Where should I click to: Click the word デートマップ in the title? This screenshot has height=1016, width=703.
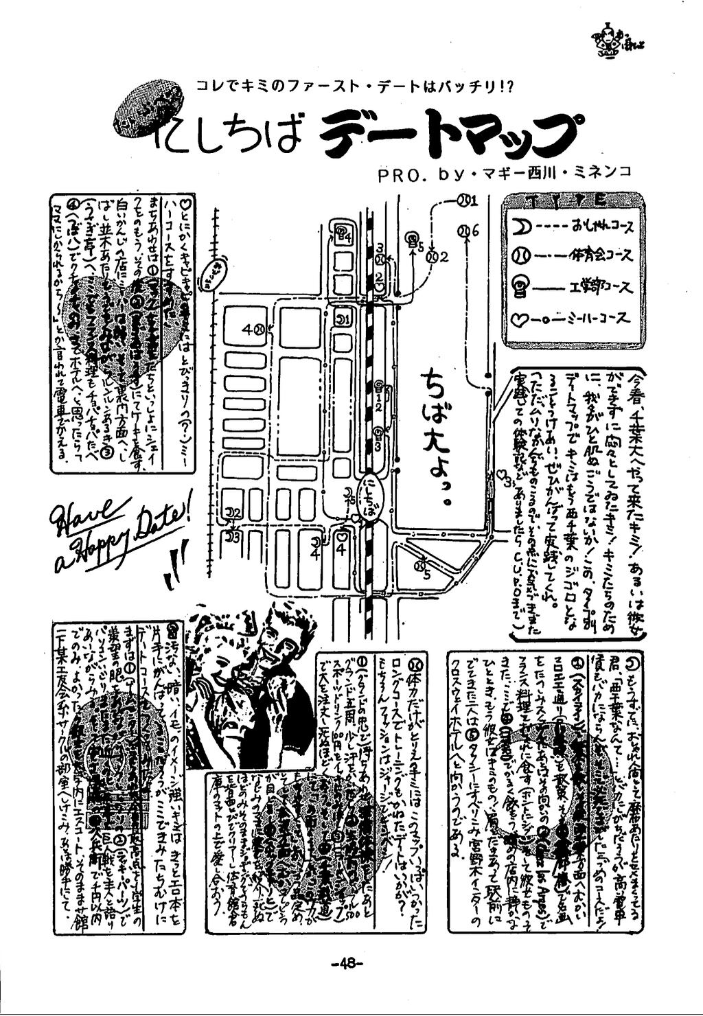[x=446, y=132]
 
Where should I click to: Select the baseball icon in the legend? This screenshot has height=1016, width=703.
[x=520, y=256]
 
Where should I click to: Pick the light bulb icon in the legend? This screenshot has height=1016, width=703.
[x=520, y=288]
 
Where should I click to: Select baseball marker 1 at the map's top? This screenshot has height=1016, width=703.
[x=466, y=200]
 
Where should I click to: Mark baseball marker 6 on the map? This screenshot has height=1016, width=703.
[x=466, y=231]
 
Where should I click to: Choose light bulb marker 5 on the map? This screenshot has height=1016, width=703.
[x=413, y=238]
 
